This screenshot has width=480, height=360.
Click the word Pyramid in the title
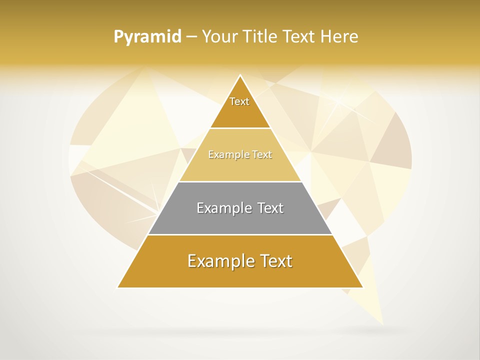click(147, 36)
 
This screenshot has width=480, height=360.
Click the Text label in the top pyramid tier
click(239, 101)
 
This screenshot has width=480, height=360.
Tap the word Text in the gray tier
click(268, 208)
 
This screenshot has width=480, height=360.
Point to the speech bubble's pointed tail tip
click(382, 324)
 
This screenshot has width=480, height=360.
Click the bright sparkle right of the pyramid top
click(340, 102)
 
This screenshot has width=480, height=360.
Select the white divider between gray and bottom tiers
click(240, 234)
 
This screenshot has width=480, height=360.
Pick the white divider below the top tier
click(240, 128)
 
